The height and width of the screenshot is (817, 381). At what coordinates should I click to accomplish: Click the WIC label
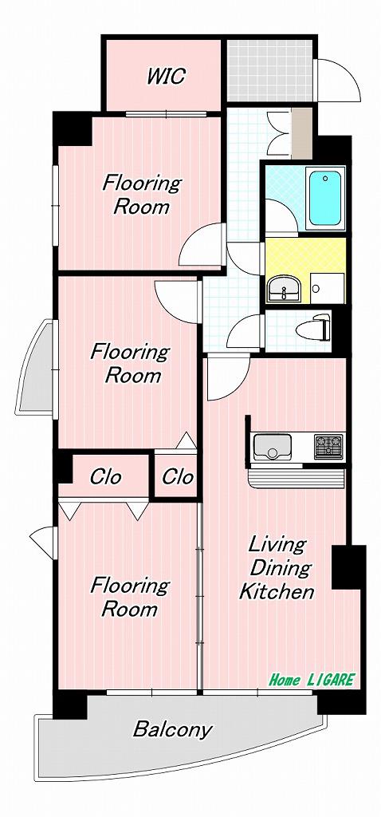(x=166, y=76)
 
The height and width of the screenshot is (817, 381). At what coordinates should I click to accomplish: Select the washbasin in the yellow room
(x=284, y=288)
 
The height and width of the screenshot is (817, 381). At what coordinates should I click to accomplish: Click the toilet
(x=312, y=328)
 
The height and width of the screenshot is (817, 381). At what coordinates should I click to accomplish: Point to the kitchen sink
(x=273, y=446)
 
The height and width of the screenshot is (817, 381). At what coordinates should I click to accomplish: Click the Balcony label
(x=172, y=730)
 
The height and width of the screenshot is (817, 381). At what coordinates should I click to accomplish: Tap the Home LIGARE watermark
(x=311, y=680)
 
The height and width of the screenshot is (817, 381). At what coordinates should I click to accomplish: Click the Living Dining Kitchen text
(x=277, y=568)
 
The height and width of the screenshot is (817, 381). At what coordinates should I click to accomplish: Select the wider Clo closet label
(x=106, y=476)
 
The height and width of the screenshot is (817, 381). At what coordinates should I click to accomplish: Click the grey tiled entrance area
(x=269, y=70)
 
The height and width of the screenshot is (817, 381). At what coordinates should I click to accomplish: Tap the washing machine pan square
(x=328, y=286)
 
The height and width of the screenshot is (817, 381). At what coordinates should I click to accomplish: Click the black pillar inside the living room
(x=348, y=567)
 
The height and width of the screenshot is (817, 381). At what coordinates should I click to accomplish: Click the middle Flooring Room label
(x=131, y=364)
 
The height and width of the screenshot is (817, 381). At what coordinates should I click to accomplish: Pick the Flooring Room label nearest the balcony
(x=130, y=597)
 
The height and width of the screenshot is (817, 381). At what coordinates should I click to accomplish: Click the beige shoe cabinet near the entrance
(x=301, y=133)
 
